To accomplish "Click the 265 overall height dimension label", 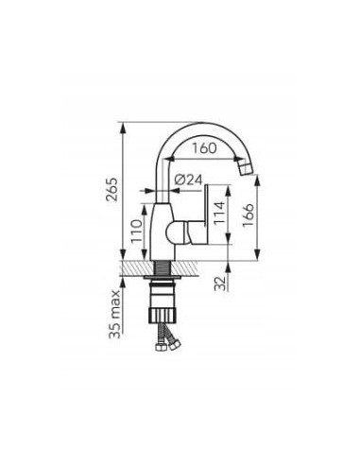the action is (112, 190).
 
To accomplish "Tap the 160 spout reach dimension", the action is (205, 148).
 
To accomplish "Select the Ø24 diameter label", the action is (188, 180).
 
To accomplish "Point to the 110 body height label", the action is (137, 231).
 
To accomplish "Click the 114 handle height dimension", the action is (219, 213).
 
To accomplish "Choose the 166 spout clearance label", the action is (248, 215).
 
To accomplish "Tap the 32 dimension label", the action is (220, 284).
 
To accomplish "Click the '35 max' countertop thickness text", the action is (114, 314).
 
